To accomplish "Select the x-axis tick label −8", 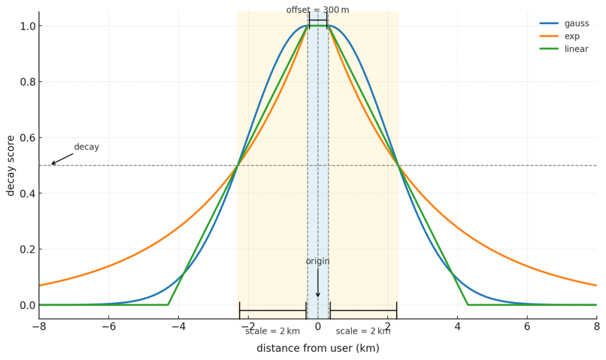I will click(39, 327).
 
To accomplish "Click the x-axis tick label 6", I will click(527, 327).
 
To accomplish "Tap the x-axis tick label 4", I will click(457, 327).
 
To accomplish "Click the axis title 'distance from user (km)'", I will click(318, 348).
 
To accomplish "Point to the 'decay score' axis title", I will click(11, 165).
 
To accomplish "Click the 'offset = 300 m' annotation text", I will click(318, 10).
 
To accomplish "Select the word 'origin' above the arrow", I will click(318, 261).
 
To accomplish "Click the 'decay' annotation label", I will click(86, 147).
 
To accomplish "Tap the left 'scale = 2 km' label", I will click(273, 331).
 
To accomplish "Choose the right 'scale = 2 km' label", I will click(363, 331).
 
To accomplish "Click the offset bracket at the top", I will click(318, 20).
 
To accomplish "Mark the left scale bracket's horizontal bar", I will click(273, 310).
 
